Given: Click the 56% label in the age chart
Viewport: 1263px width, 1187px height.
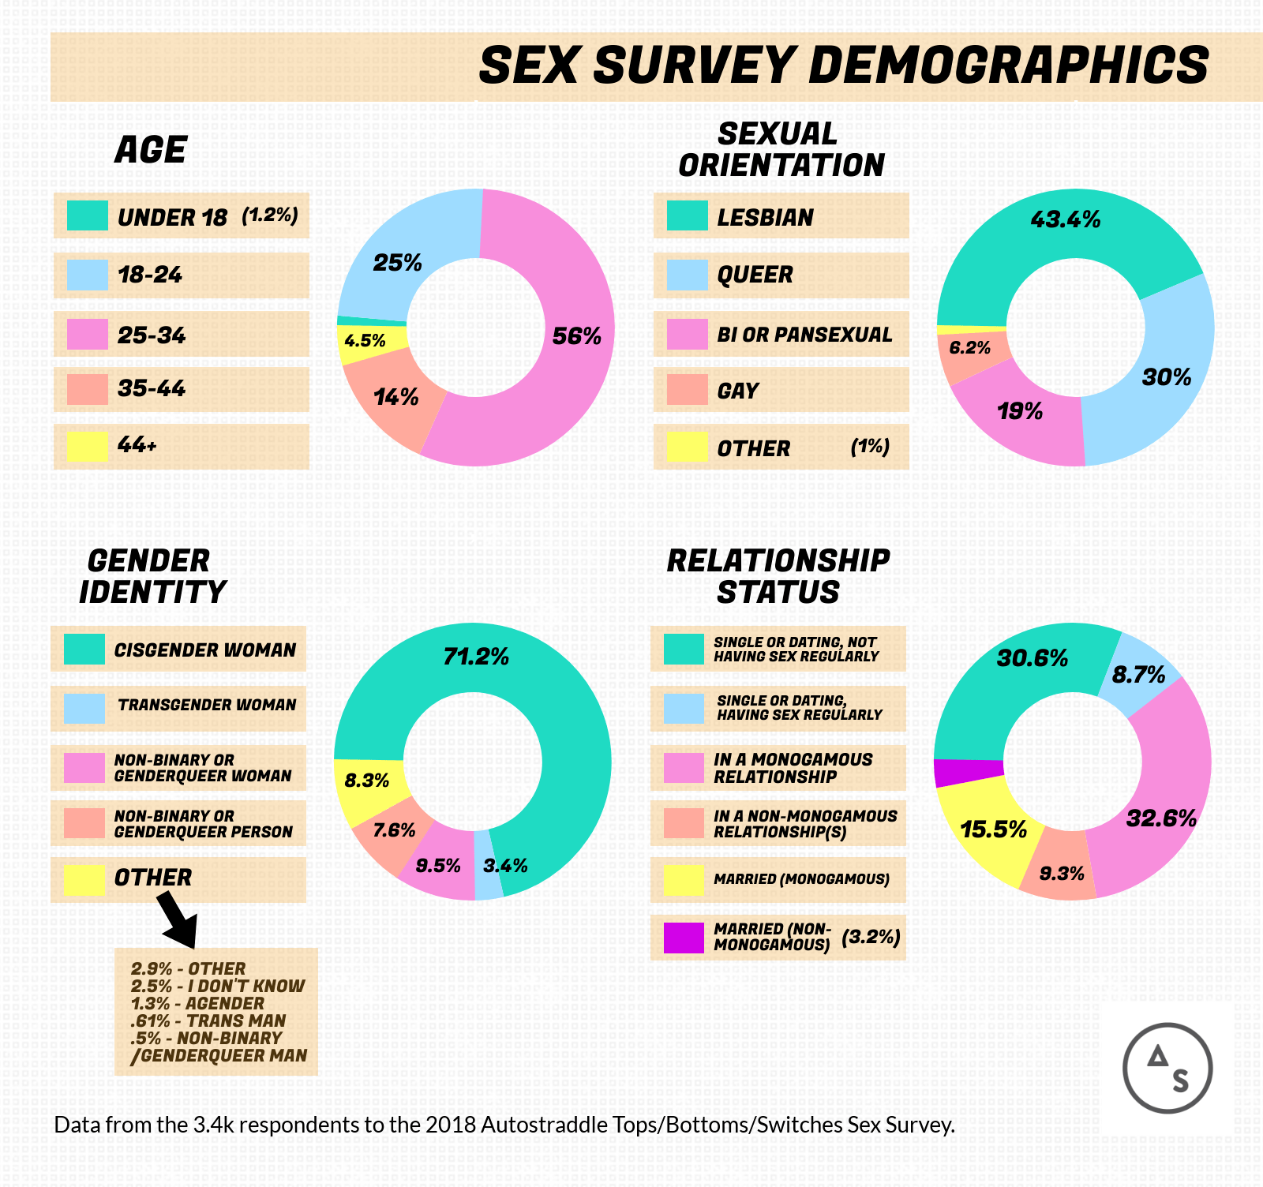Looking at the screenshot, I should point(576,337).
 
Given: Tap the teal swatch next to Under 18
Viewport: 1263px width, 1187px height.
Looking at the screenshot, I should point(87,215).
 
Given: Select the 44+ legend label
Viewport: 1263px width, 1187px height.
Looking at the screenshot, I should point(137,445).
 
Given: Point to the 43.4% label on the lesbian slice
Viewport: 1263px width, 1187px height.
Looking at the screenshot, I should point(1065,220).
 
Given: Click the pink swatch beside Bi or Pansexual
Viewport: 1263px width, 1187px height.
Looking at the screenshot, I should point(687,334).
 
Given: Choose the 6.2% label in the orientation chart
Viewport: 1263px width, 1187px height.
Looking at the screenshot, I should point(969,348).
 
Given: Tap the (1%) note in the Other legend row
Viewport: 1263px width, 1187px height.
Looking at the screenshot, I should point(870,447).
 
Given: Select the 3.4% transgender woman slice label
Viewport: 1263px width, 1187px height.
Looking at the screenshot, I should point(505,866).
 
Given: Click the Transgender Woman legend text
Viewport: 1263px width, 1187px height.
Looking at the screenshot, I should point(207,705).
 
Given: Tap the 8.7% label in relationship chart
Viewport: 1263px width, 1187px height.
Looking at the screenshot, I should point(1138,675).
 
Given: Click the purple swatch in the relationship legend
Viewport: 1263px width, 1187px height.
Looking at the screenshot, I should point(684,938).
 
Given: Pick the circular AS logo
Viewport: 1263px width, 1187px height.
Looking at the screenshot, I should point(1167,1068).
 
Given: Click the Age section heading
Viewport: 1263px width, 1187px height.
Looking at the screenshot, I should point(150,150).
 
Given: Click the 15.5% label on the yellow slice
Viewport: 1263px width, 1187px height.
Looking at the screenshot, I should point(993,829).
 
